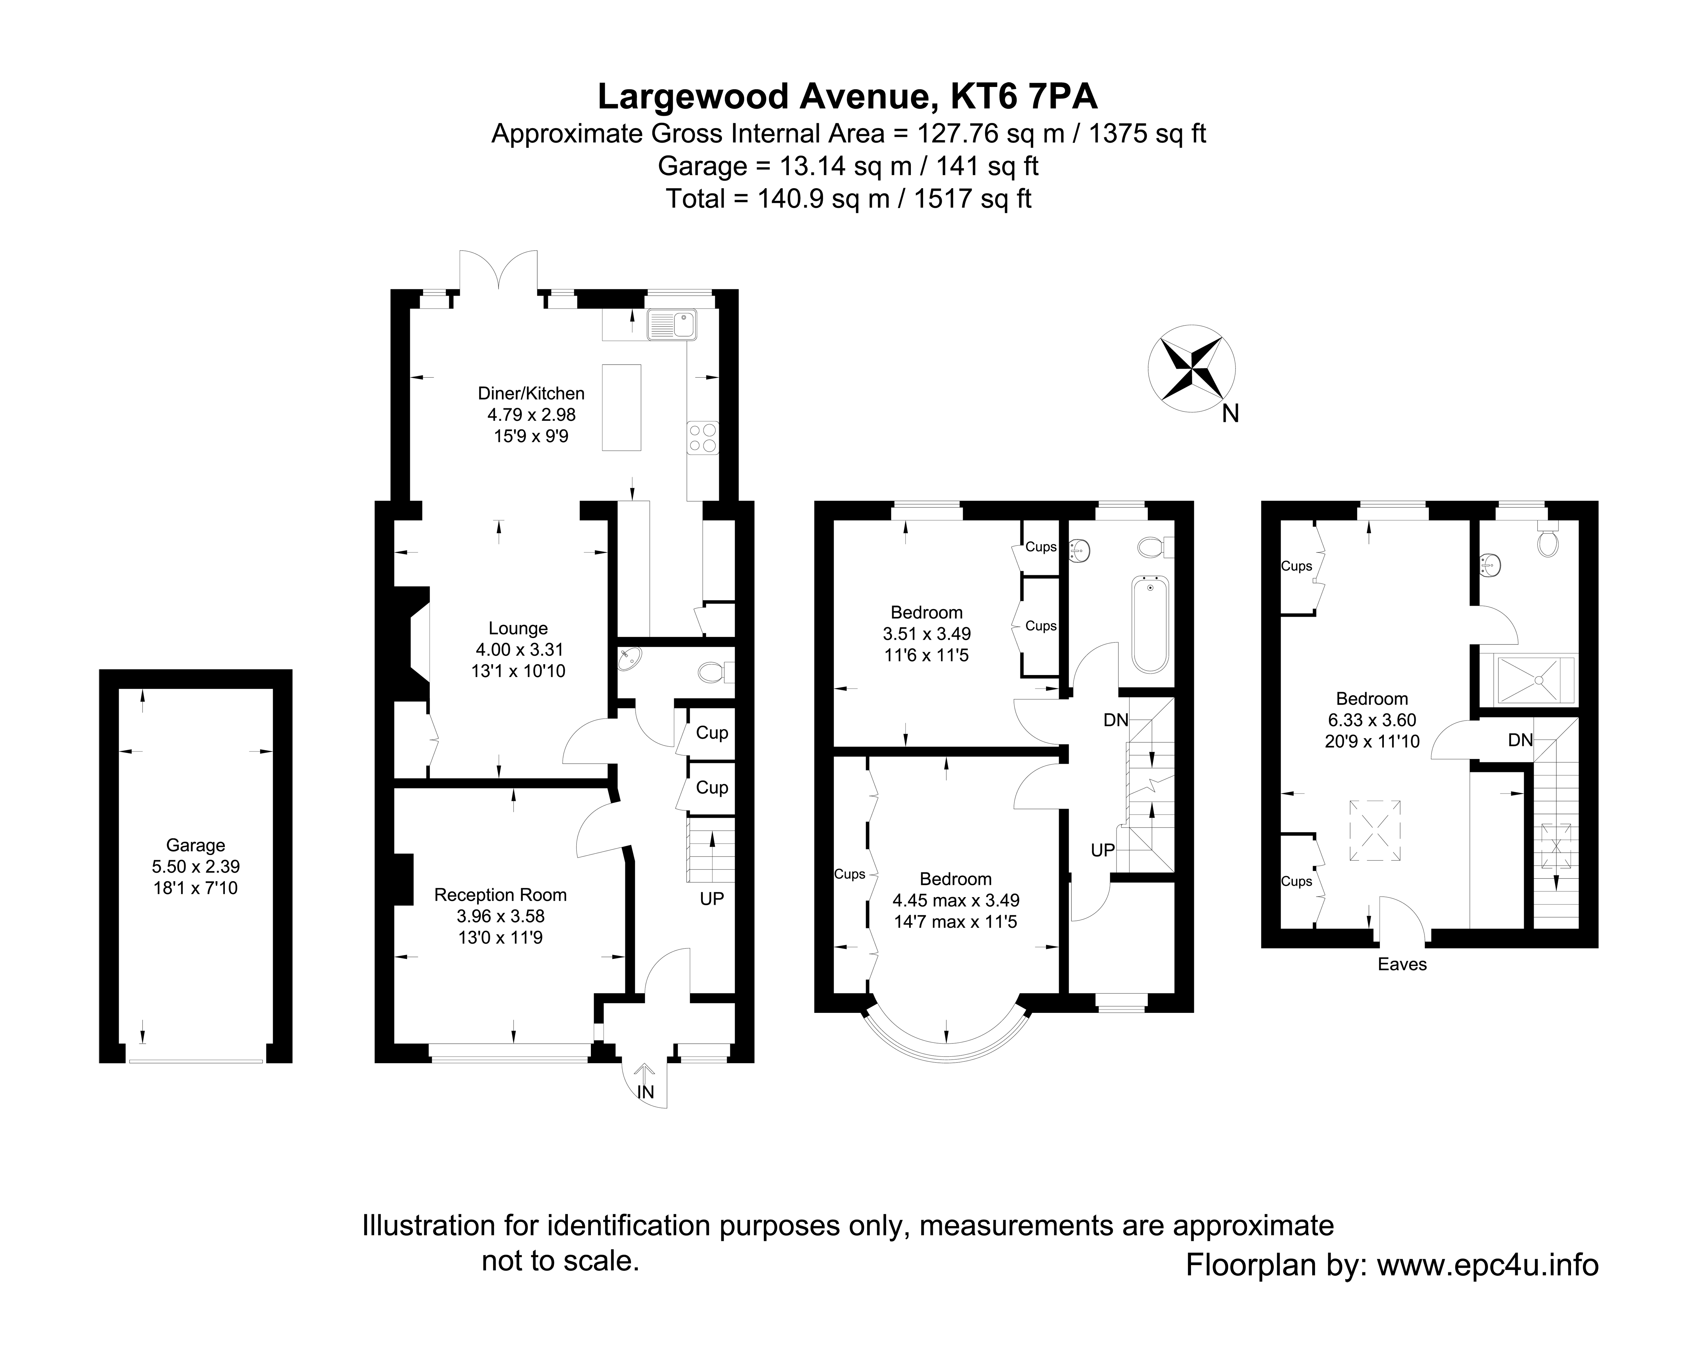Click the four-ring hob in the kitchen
point(703,438)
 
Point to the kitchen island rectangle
point(621,407)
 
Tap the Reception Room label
point(500,895)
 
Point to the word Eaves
point(1402,964)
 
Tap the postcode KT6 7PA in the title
point(1024,97)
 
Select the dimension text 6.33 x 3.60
point(1372,720)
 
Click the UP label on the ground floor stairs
point(711,899)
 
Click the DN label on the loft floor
point(1520,740)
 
